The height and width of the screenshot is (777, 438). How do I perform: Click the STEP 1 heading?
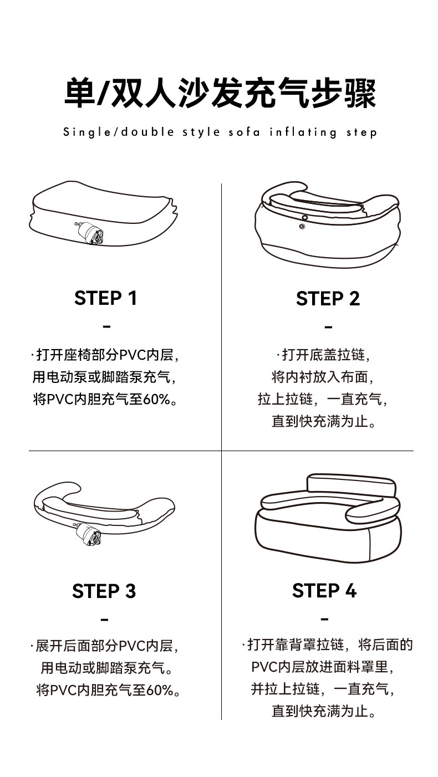tap(105, 298)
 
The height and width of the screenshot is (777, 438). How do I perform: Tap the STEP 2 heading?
tap(328, 298)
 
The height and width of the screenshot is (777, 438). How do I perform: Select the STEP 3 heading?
tap(104, 591)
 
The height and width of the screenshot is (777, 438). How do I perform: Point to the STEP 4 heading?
tap(324, 590)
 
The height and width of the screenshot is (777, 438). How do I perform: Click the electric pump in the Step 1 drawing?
tap(89, 232)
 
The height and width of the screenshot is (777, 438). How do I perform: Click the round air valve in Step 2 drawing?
tap(302, 226)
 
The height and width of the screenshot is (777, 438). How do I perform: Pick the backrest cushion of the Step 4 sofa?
tap(352, 487)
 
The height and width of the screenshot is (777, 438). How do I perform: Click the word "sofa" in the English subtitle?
tap(244, 132)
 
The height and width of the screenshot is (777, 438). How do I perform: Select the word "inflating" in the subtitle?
tap(303, 132)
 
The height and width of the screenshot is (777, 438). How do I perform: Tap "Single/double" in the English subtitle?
tap(118, 132)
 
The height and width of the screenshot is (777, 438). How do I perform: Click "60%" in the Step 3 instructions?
tap(160, 690)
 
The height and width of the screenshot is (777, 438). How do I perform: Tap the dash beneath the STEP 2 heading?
tap(328, 327)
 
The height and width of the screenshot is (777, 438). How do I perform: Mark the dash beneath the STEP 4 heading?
tap(324, 619)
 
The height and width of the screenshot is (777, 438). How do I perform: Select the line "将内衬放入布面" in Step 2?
tap(319, 377)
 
